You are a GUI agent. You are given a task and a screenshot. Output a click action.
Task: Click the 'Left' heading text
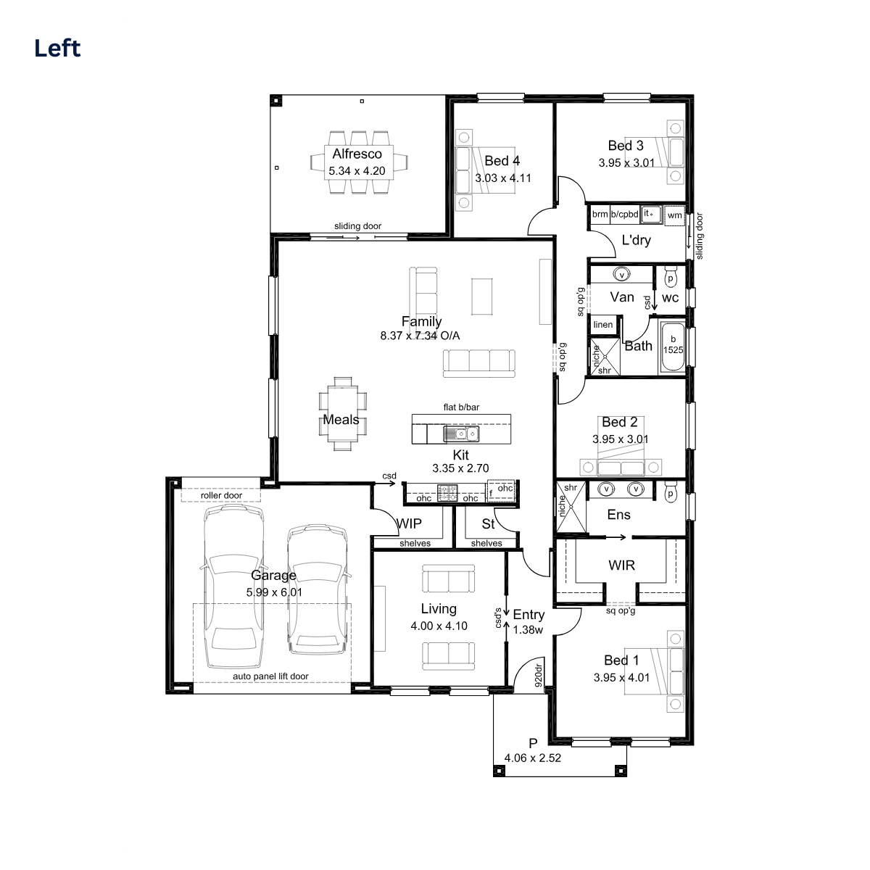[57, 49]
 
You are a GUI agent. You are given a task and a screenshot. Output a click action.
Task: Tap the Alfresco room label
[357, 154]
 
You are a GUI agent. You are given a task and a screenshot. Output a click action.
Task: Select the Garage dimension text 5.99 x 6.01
[274, 592]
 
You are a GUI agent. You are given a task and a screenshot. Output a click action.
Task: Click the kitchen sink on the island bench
[461, 434]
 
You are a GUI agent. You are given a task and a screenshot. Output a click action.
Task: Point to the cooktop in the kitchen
[447, 492]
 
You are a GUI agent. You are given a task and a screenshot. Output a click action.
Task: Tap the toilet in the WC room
[671, 276]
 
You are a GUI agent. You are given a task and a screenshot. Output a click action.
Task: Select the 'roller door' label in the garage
[221, 496]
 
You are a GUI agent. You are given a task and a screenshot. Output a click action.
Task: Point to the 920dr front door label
[538, 675]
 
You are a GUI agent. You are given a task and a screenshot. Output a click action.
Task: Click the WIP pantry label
[409, 523]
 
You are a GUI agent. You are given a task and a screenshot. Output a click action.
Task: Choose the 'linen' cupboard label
[602, 325]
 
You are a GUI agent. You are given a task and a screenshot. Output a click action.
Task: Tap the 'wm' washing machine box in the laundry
[674, 216]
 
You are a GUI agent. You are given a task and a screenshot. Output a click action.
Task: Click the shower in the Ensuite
[571, 507]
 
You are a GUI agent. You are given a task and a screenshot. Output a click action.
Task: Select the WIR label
[621, 565]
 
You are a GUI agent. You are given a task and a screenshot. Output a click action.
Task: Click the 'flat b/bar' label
[461, 407]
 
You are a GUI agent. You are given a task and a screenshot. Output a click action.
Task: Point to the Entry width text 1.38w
[528, 630]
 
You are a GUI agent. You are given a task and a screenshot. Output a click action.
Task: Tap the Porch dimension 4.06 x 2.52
[532, 758]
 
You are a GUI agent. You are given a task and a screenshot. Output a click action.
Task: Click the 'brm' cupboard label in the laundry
[600, 214]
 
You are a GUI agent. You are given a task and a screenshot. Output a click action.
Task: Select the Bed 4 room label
[502, 161]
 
